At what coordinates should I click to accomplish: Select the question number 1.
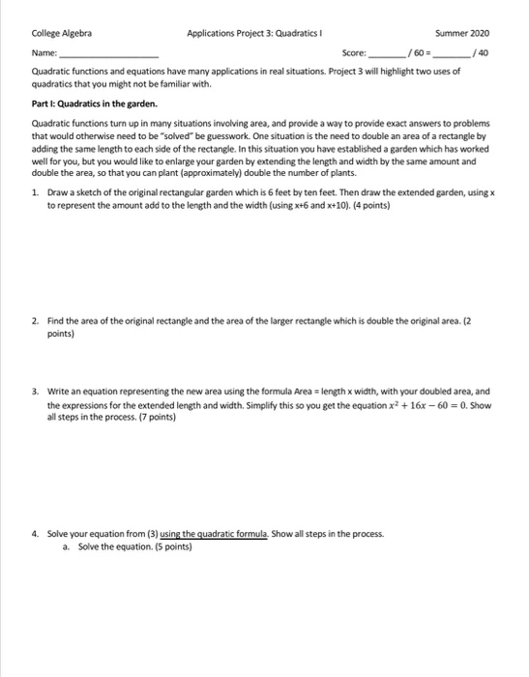(x=36, y=193)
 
